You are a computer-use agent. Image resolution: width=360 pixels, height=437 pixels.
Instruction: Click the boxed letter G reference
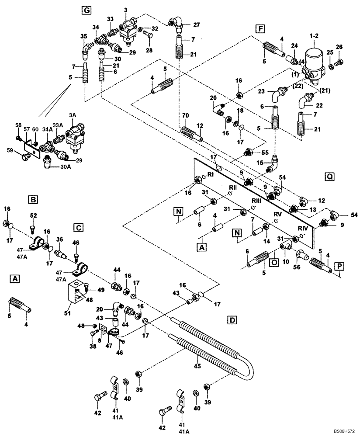pyautogui.click(x=87, y=9)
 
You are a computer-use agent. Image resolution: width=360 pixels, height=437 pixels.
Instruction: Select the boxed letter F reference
pyautogui.click(x=261, y=29)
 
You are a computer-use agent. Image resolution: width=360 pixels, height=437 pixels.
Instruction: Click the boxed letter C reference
pyautogui.click(x=78, y=227)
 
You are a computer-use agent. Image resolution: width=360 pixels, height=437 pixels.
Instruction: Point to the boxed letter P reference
pyautogui.click(x=339, y=266)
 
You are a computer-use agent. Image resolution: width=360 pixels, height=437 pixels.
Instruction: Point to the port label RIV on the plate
pyautogui.click(x=303, y=228)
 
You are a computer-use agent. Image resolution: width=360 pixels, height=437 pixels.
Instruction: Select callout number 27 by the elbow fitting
pyautogui.click(x=196, y=25)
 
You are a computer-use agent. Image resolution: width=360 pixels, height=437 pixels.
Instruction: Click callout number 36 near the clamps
pyautogui.click(x=59, y=239)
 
